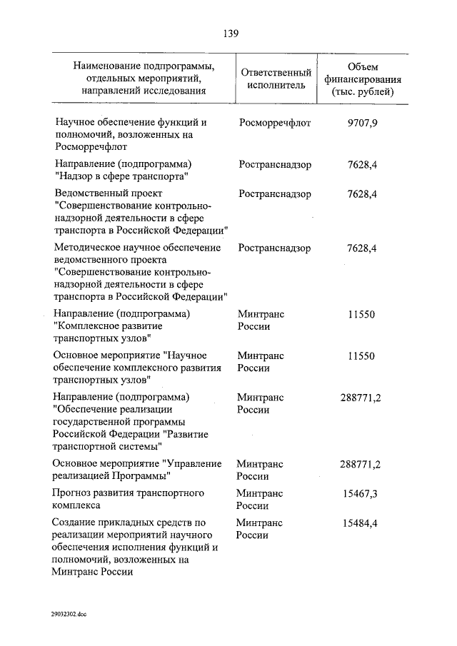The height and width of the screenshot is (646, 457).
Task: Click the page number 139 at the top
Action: [228, 33]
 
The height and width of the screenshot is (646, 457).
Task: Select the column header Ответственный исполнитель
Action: [276, 79]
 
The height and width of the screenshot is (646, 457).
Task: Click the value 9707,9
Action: [361, 123]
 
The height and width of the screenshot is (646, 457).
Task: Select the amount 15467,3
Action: [360, 493]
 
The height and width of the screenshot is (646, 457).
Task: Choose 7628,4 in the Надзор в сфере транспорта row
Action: [361, 164]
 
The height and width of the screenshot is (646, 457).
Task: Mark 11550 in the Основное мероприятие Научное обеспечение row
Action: [361, 355]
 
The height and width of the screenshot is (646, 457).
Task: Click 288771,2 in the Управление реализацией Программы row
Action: [360, 464]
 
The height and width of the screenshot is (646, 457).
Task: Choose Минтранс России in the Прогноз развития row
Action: [260, 500]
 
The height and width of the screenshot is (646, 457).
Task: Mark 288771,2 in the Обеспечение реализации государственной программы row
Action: [360, 397]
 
